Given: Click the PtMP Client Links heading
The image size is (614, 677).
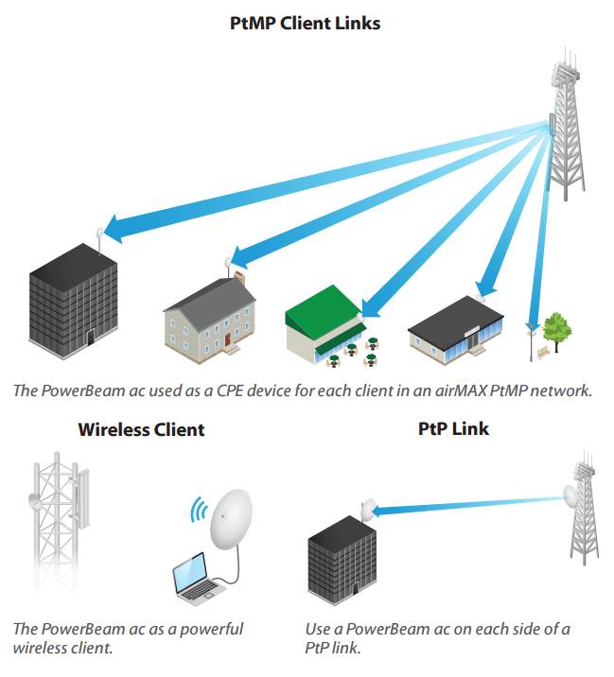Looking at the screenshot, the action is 305,24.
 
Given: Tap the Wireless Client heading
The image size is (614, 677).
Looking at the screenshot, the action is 141,429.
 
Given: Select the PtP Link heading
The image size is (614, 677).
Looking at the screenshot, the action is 453,428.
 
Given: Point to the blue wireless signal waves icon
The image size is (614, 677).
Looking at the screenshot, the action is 199,510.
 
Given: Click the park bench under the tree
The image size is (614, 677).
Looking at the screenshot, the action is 544,354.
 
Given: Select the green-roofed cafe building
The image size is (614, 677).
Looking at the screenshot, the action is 325,323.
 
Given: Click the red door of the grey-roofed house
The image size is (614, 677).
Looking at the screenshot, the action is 228,338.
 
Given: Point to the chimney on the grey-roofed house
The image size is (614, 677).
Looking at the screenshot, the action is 239,278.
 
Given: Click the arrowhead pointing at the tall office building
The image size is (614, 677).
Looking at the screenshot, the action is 114,228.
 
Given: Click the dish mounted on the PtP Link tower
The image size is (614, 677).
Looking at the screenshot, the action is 570,495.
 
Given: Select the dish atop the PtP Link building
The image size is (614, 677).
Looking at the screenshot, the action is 368,509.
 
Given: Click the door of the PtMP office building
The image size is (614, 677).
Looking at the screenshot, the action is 91,337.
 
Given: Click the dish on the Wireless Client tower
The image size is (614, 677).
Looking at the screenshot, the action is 34,502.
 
